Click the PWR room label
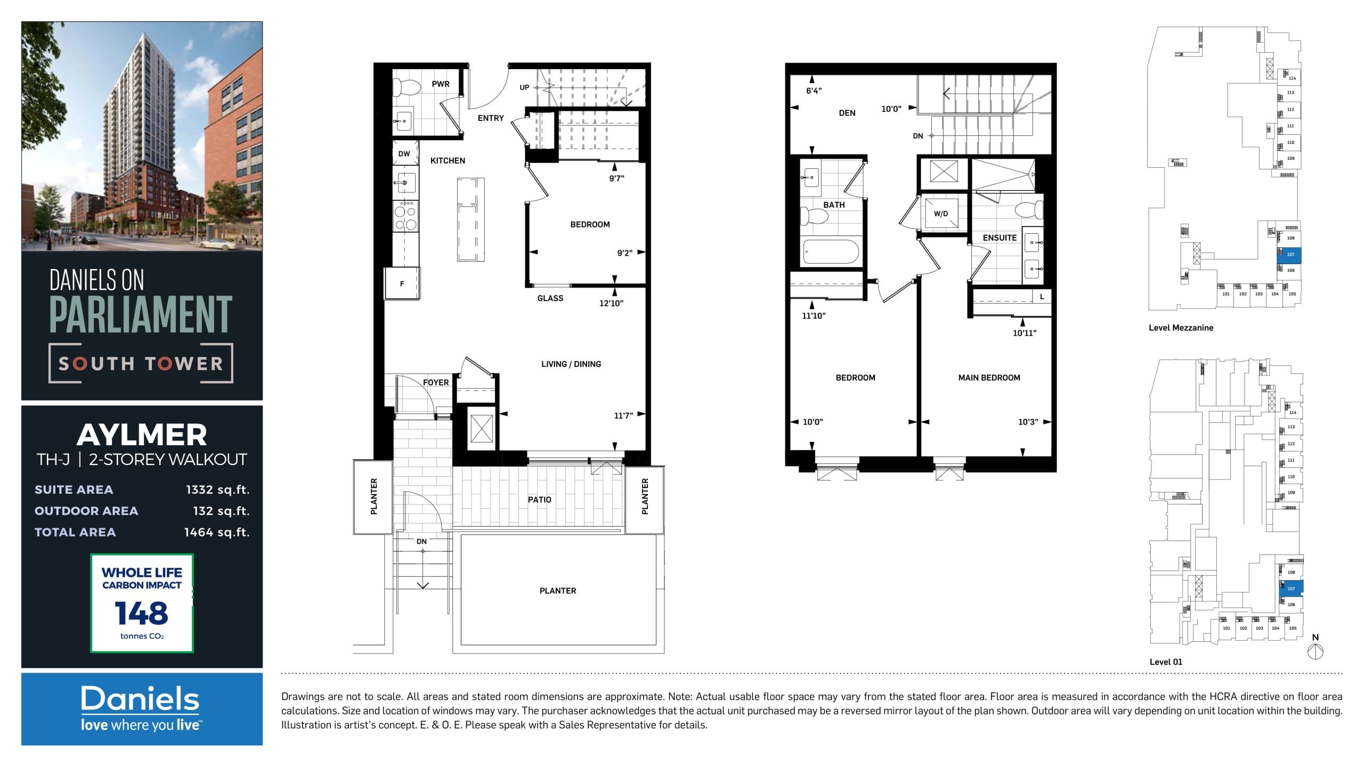[440, 84]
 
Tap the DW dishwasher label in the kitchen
[404, 154]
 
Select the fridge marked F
[402, 284]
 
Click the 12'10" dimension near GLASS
[611, 303]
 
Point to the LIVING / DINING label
[571, 364]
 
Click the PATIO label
[539, 500]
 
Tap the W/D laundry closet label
[940, 214]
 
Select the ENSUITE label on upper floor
[1000, 238]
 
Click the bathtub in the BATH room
[831, 251]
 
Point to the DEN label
[847, 113]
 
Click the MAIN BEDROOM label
[989, 378]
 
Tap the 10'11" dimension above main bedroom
[1024, 333]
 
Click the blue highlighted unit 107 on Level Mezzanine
[1289, 255]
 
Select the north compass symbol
[1316, 651]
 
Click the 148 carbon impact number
[141, 613]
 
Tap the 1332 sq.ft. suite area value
[217, 489]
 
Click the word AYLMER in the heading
[142, 435]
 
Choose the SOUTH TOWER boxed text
[141, 364]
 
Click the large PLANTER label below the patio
[557, 591]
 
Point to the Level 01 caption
[1165, 662]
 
